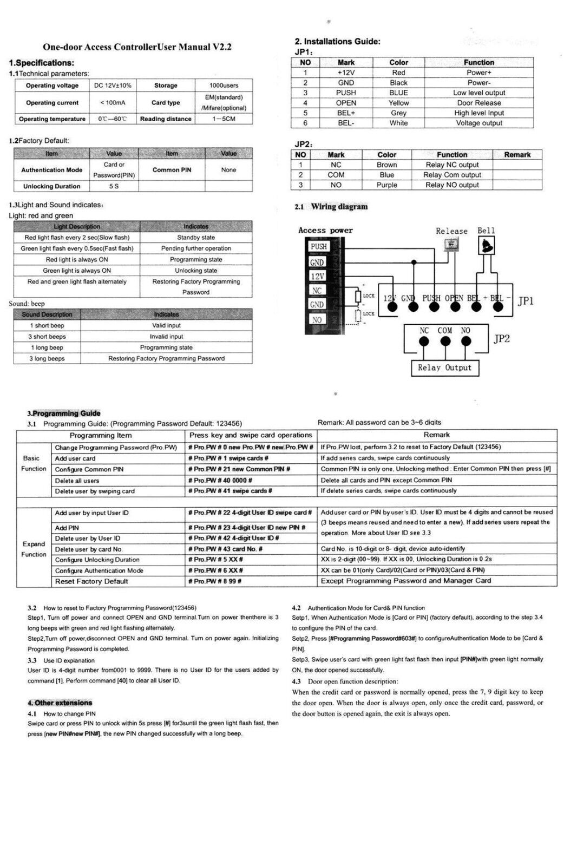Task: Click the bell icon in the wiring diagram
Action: (x=486, y=246)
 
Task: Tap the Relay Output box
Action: (x=444, y=368)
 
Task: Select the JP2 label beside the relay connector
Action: (x=501, y=339)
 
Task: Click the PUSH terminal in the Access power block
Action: (x=318, y=247)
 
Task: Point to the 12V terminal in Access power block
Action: (x=317, y=276)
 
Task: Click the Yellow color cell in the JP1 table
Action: (x=398, y=103)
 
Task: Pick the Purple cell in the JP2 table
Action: (x=386, y=185)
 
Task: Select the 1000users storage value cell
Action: (x=224, y=86)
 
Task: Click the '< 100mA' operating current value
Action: (x=113, y=102)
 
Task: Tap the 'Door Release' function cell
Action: (x=479, y=103)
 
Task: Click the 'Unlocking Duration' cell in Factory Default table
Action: (x=51, y=186)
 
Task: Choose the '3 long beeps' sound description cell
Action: (x=47, y=358)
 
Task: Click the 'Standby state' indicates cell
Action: (x=196, y=237)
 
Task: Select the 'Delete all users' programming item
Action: (x=77, y=480)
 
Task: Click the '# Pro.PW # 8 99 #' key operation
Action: (x=215, y=581)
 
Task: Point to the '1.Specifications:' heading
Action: (x=42, y=63)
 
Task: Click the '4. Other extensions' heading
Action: (x=60, y=703)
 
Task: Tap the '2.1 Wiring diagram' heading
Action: (x=331, y=206)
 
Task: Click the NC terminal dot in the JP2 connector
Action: (x=424, y=342)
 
